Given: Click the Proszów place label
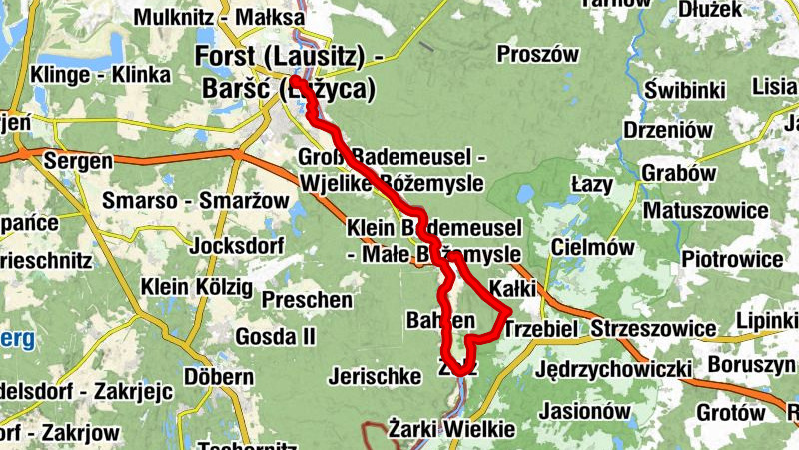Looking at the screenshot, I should click(x=537, y=54).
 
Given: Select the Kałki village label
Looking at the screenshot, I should click(x=514, y=289).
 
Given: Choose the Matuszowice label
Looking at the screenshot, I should click(x=705, y=211).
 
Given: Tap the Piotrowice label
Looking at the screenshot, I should click(x=731, y=259).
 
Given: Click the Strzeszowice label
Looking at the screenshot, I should click(x=653, y=329).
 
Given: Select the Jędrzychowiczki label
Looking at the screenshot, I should click(x=613, y=370).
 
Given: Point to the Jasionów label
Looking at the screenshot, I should click(x=584, y=410).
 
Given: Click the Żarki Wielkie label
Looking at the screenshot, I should click(x=452, y=430).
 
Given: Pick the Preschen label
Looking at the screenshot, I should click(x=307, y=299).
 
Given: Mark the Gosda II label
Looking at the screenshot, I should click(x=275, y=335).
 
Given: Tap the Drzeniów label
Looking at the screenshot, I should click(x=667, y=130).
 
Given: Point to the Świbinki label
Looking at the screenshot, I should click(x=684, y=91).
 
